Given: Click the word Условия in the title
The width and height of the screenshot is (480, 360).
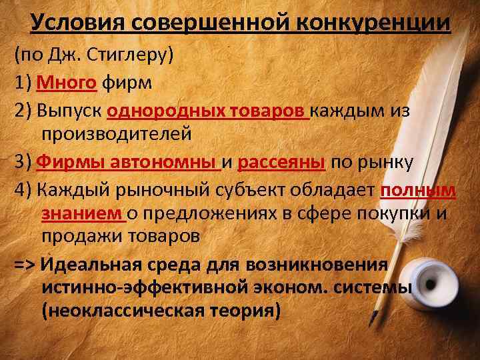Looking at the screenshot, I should [78, 23].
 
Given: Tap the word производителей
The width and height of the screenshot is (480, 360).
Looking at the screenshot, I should [117, 134].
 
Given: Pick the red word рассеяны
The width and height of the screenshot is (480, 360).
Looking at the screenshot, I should [281, 163].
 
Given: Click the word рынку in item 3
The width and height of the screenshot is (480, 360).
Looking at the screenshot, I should [386, 163].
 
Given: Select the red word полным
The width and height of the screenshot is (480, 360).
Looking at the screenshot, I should [419, 190].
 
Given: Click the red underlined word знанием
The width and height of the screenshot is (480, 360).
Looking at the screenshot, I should [82, 213].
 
